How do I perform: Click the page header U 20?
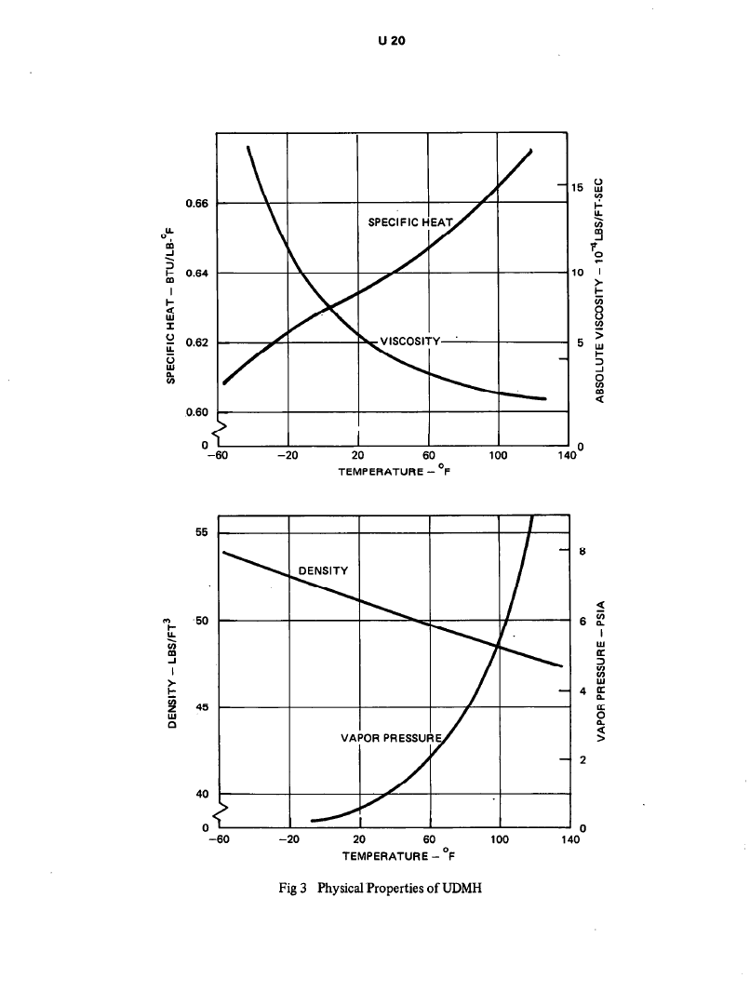375,40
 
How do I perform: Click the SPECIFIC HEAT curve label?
409,222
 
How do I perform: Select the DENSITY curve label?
323,569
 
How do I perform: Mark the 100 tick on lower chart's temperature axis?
500,839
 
